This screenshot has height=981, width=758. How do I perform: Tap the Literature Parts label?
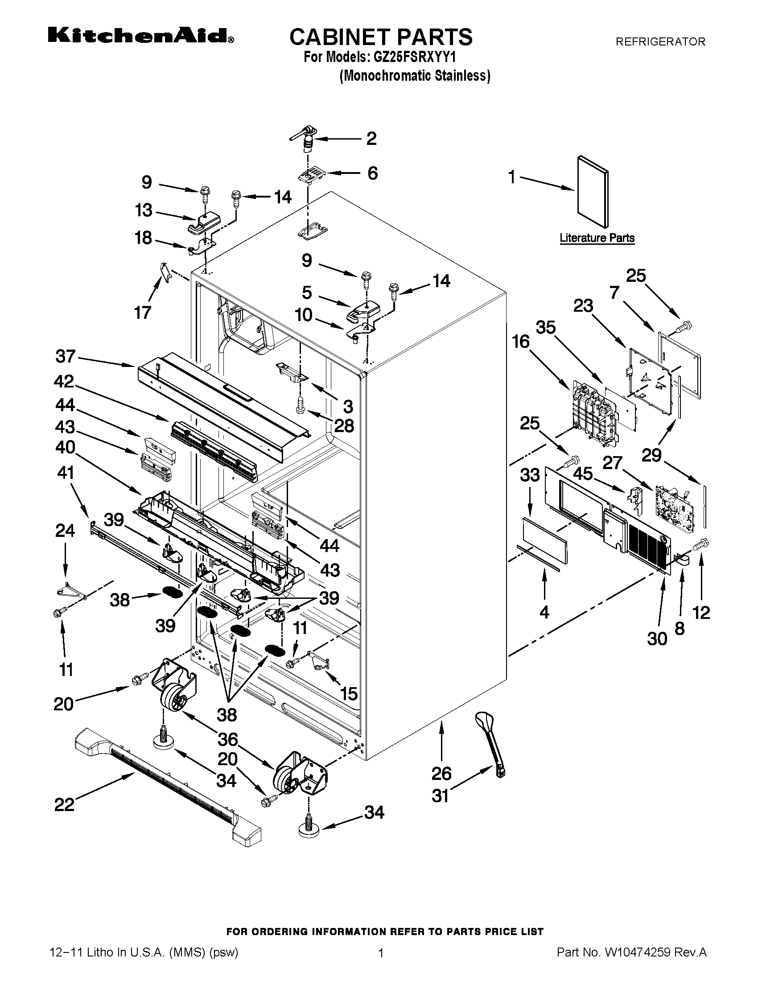pyautogui.click(x=597, y=238)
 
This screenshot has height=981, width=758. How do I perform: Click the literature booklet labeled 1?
pyautogui.click(x=592, y=192)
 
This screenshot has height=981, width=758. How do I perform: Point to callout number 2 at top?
pyautogui.click(x=371, y=139)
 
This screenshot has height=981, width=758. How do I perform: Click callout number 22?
pyautogui.click(x=64, y=804)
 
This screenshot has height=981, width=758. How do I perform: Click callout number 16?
pyautogui.click(x=521, y=342)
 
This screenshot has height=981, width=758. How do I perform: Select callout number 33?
pyautogui.click(x=529, y=475)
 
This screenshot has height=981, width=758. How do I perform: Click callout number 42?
pyautogui.click(x=64, y=381)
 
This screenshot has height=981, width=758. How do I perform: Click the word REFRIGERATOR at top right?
pyautogui.click(x=660, y=42)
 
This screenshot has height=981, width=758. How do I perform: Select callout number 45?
pyautogui.click(x=583, y=474)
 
